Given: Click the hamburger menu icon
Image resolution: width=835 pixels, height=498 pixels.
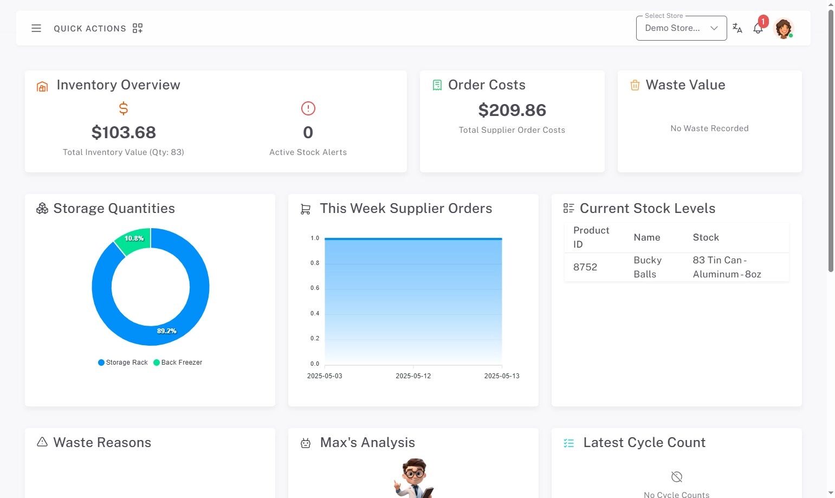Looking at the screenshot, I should click(x=36, y=28).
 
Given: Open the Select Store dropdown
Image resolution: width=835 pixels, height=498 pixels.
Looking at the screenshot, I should click(x=681, y=28).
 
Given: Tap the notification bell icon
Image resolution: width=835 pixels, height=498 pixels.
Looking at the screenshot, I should click(x=758, y=29).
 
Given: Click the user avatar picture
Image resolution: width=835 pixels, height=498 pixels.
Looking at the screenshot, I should click(x=783, y=28).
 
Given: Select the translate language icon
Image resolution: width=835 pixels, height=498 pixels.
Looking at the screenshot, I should click(x=737, y=28).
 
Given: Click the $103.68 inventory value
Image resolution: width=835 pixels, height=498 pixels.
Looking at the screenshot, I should click(x=124, y=132).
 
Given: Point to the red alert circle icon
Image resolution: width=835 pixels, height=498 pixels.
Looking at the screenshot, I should click(x=308, y=108).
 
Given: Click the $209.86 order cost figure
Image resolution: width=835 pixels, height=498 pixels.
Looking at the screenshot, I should click(x=512, y=110).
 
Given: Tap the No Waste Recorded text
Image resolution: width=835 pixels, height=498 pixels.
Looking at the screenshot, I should click(x=709, y=128).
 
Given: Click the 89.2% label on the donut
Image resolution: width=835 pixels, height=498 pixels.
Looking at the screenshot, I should click(x=166, y=331).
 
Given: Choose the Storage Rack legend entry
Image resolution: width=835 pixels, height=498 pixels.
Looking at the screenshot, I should click(x=123, y=363).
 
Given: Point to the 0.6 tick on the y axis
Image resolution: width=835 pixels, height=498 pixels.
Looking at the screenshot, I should click(x=315, y=288).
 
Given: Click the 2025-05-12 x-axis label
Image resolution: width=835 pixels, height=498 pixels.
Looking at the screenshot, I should click(x=413, y=376).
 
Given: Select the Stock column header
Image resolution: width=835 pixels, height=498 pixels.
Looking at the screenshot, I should click(x=705, y=237).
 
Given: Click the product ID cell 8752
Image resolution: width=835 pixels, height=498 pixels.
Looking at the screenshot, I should click(x=585, y=267).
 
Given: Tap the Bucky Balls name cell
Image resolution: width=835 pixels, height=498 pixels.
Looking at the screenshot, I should click(x=647, y=267).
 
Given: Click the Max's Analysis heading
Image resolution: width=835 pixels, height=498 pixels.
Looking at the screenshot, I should click(x=367, y=443).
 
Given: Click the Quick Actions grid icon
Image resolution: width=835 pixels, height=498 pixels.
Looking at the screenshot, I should click(x=138, y=28).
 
